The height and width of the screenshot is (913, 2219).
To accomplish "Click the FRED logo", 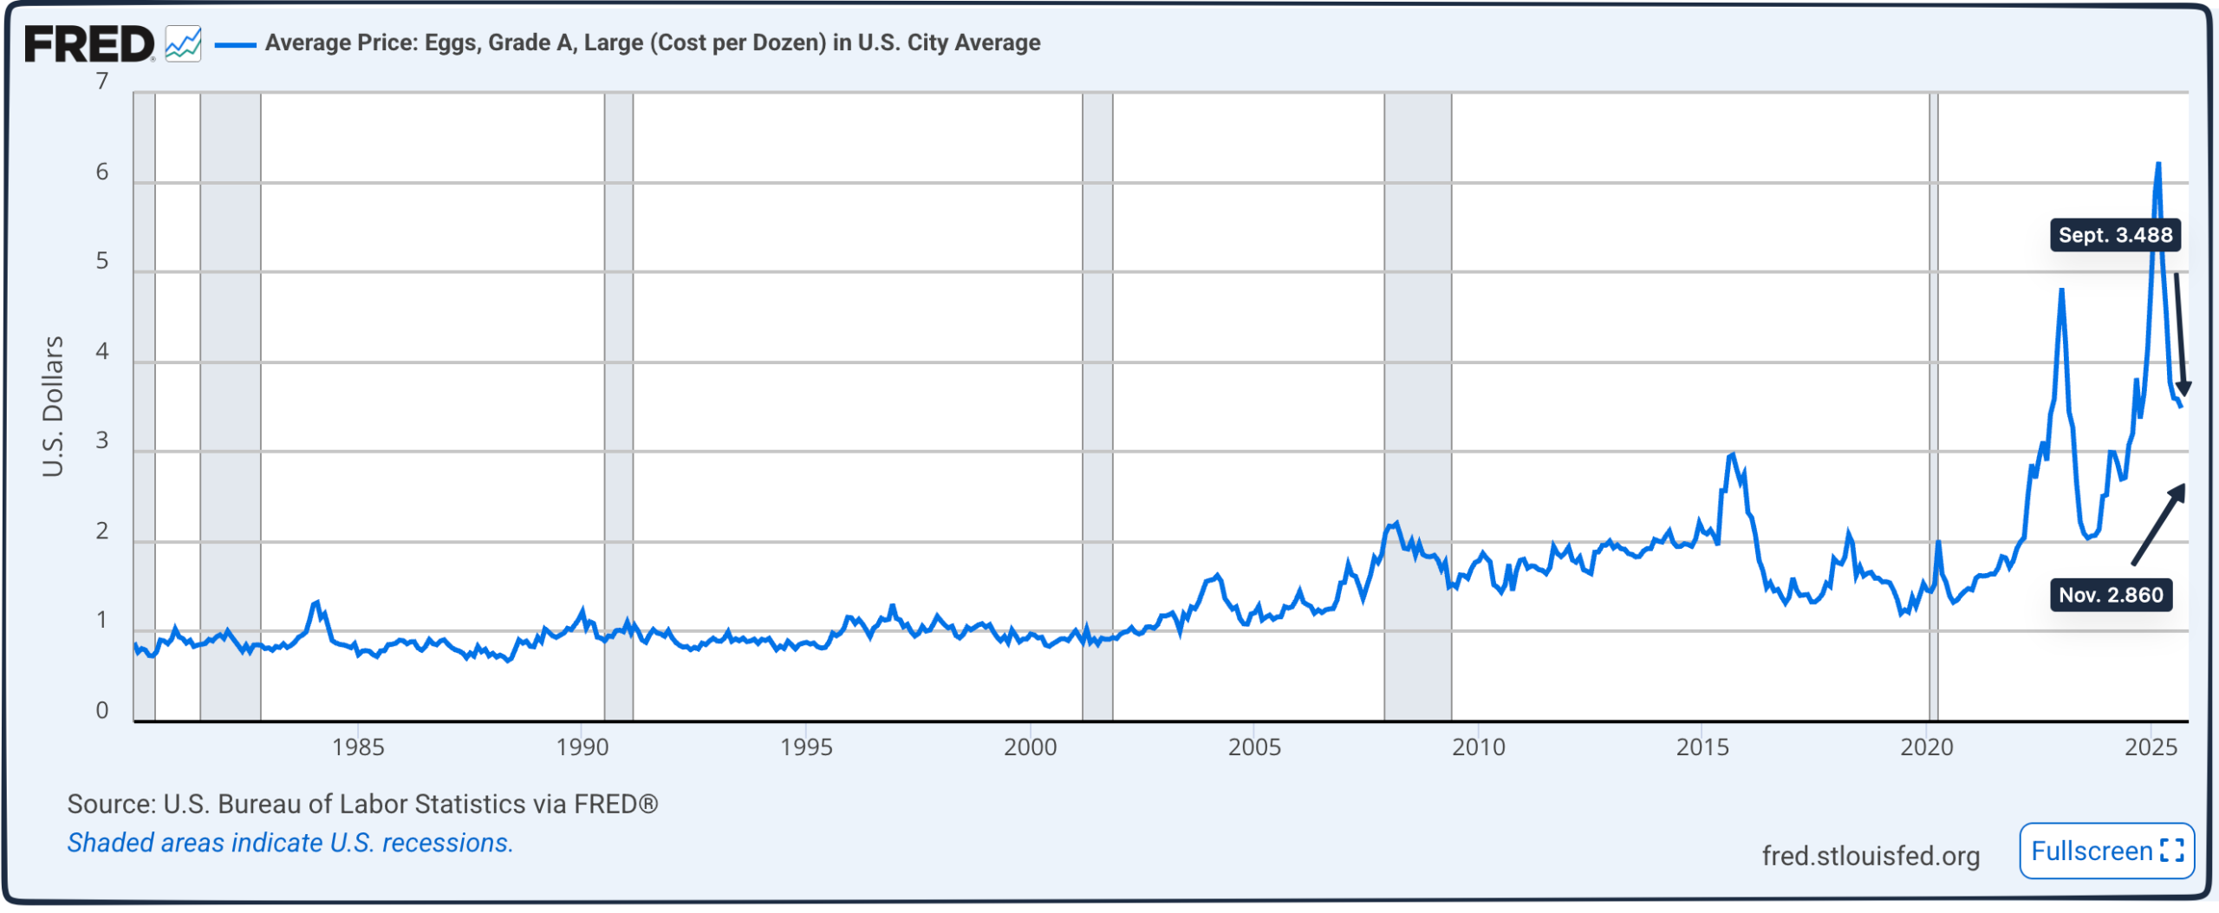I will click(89, 44).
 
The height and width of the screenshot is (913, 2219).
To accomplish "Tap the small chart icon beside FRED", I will click(183, 44).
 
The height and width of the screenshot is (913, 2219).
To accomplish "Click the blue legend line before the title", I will click(235, 44).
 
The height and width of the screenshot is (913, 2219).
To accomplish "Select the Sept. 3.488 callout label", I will click(2114, 235).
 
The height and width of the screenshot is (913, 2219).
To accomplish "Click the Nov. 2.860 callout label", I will click(2110, 595).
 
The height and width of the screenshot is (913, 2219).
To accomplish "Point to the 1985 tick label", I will click(358, 747).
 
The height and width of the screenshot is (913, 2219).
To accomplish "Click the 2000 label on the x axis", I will click(1030, 747).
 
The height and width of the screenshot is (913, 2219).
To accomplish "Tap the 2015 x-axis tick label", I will click(1702, 747).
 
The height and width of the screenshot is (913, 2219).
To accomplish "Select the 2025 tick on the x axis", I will click(2150, 747).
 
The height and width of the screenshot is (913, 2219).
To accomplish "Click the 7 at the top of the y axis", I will click(102, 82).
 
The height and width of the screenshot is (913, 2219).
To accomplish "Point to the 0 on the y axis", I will click(102, 710).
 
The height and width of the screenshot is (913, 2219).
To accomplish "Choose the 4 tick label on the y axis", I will click(102, 351).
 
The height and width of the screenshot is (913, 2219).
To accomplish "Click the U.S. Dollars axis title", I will click(53, 406).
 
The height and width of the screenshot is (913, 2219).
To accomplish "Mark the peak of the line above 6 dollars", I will click(2157, 165).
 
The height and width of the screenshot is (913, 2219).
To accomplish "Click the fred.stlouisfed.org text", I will click(1871, 856).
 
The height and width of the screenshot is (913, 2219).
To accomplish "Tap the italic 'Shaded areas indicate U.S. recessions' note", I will click(290, 843).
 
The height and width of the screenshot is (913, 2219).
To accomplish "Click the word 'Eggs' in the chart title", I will click(450, 42).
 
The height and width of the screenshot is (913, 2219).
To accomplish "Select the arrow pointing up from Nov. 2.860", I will click(2158, 524).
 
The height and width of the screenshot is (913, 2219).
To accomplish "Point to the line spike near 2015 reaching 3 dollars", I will click(1731, 455).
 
